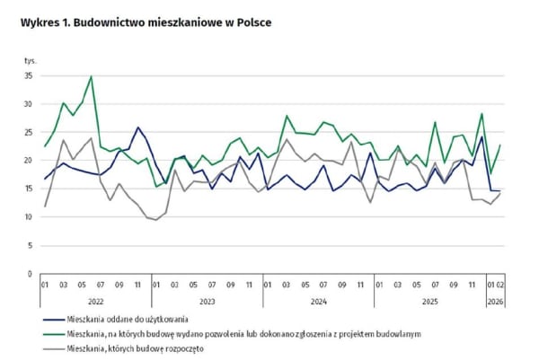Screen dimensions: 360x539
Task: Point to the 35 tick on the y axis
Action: point(29,76)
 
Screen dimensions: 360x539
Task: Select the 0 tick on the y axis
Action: point(31,273)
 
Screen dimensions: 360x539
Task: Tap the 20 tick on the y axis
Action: point(29,161)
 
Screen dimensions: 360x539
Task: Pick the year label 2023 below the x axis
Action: point(208,302)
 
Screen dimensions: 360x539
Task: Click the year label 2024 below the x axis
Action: point(318,302)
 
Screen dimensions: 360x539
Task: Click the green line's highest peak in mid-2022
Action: point(91,76)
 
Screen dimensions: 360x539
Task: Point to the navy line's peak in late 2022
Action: point(137,127)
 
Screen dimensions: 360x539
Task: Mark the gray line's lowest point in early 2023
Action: point(156,220)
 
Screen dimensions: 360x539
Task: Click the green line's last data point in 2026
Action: point(499,145)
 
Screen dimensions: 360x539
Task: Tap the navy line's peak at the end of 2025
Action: point(482,136)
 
